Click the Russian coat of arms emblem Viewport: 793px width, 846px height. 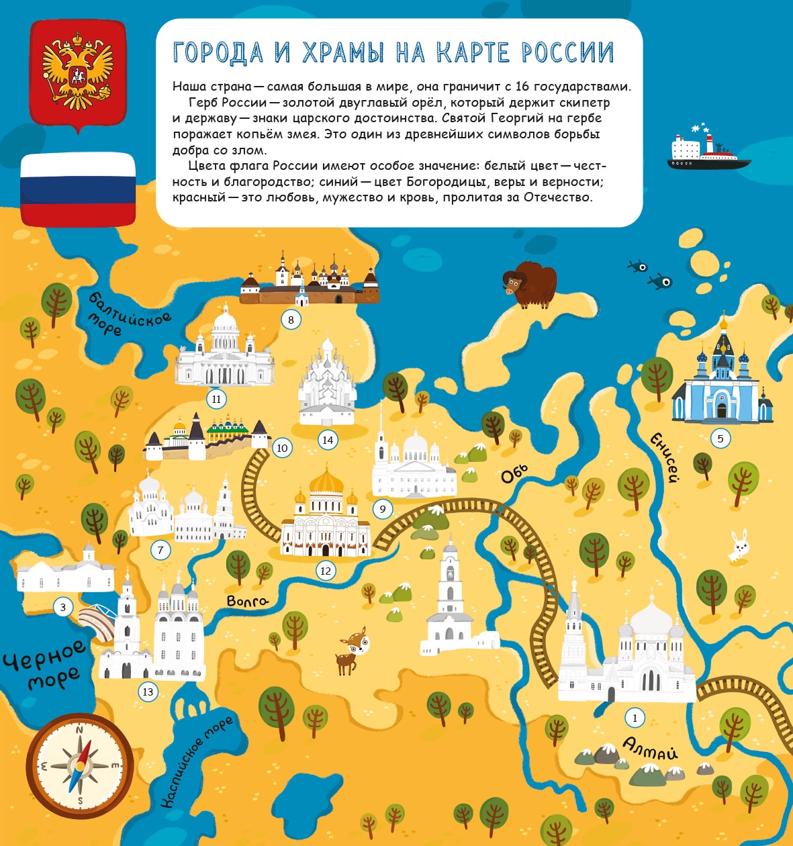click(x=77, y=72)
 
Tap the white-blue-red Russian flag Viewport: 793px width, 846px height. click(x=78, y=189)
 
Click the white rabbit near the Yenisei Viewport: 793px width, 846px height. click(x=739, y=545)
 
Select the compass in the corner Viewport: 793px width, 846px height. click(x=80, y=765)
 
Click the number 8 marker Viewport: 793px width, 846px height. click(x=291, y=320)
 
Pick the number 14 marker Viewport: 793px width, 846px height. click(x=328, y=440)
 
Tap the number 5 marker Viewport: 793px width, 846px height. click(x=720, y=439)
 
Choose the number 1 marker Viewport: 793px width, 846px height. click(x=635, y=718)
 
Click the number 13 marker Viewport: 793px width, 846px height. click(x=148, y=692)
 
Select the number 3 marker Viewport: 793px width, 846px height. click(x=63, y=608)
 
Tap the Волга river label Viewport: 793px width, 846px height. click(x=247, y=601)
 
